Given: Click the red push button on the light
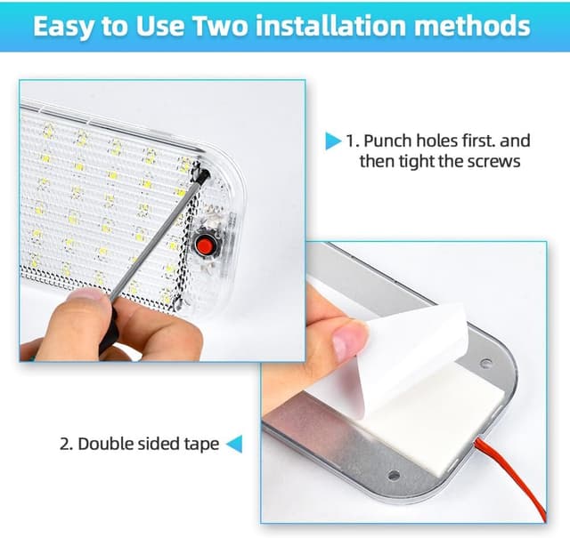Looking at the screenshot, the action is pyautogui.click(x=204, y=245).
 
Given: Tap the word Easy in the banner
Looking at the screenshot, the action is pyautogui.click(x=64, y=27).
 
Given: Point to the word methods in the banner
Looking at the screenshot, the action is pyautogui.click(x=472, y=26).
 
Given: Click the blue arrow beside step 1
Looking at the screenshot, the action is pyautogui.click(x=333, y=141).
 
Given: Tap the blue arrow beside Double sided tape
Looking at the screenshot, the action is pyautogui.click(x=234, y=444).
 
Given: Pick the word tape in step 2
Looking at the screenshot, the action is pyautogui.click(x=202, y=445).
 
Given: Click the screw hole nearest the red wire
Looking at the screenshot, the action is pyautogui.click(x=394, y=475).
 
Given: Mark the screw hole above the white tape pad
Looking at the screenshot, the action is pyautogui.click(x=485, y=363).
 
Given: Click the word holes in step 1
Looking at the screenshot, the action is pyautogui.click(x=436, y=141).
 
